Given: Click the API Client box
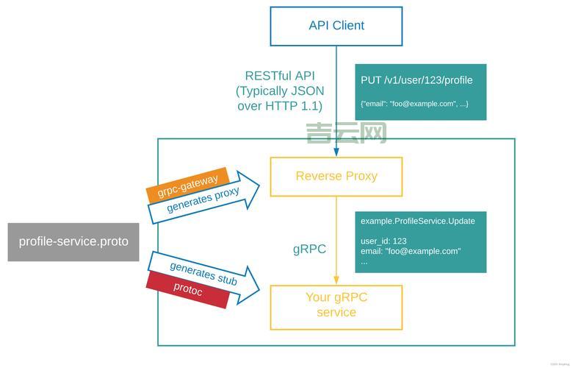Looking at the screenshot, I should (336, 26).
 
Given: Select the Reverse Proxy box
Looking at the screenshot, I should (336, 176).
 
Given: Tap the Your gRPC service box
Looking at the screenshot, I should (336, 305).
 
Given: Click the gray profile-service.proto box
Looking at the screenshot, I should (73, 241).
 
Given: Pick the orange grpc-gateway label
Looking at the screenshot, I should (188, 185).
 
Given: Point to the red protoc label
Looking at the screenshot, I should (188, 289).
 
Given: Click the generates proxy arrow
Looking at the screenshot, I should (209, 199).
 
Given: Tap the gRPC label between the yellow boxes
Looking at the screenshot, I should (309, 249).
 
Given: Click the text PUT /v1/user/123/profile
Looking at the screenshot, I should (417, 80).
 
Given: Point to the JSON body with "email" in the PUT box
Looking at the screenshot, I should (414, 104).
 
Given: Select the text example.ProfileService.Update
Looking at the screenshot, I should (418, 221).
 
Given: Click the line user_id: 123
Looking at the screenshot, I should (383, 241).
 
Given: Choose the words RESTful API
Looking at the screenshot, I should (280, 76).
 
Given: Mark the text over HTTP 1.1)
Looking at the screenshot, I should (280, 106).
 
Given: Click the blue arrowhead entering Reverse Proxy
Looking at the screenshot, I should (336, 152).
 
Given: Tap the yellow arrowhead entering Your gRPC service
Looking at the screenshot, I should (336, 280).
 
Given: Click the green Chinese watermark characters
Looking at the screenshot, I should (346, 133).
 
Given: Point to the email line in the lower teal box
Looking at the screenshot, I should (411, 251).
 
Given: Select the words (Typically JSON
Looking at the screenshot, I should (280, 91).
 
